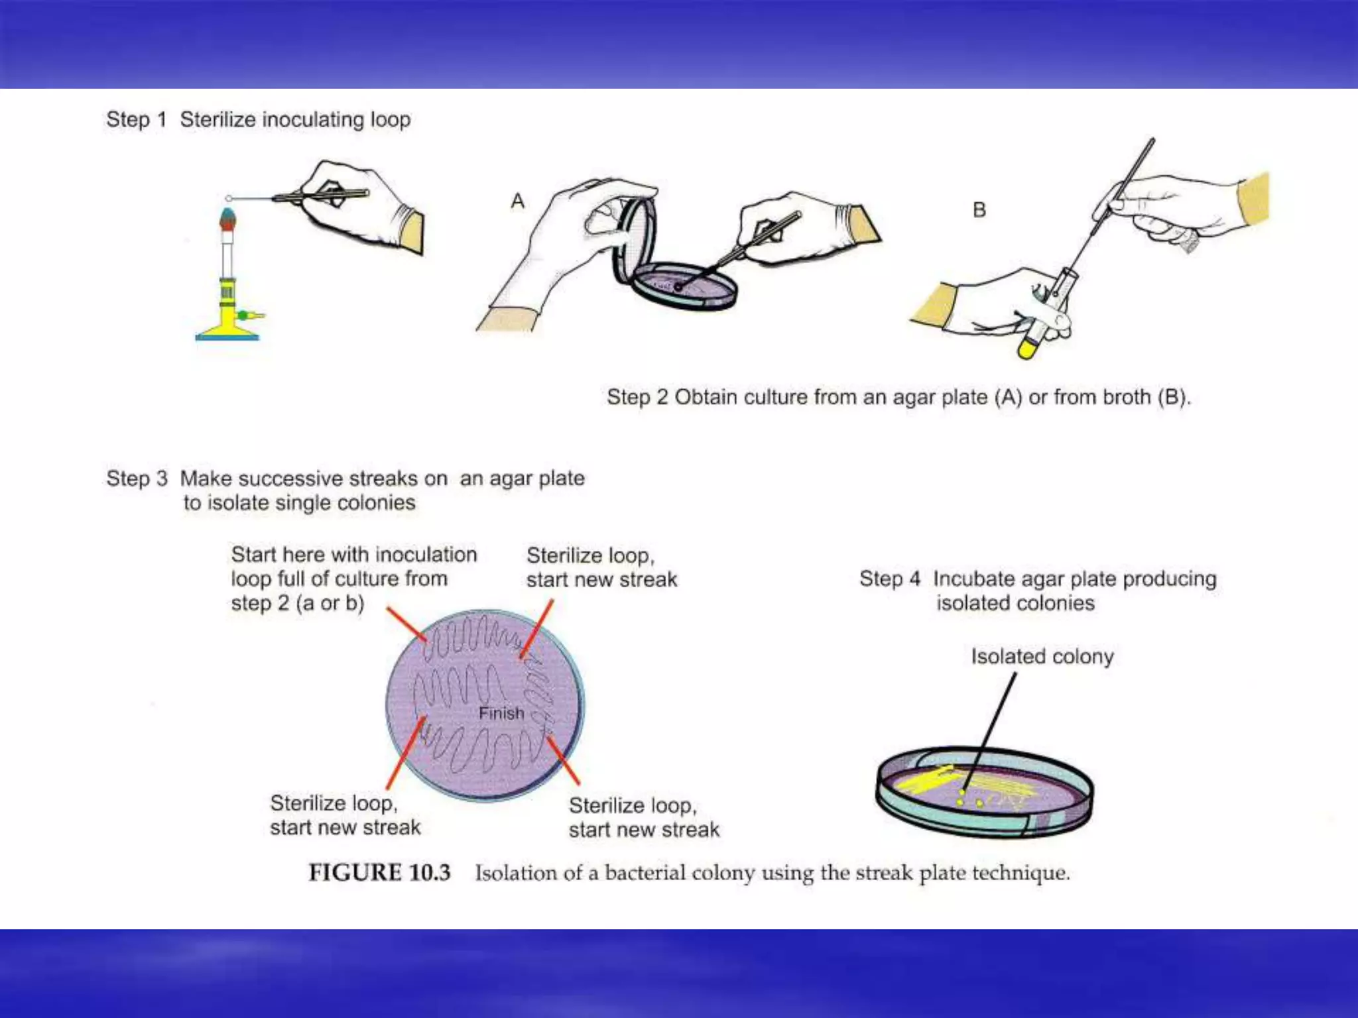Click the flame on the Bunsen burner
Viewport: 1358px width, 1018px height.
tap(227, 218)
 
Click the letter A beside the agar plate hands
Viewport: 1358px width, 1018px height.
tap(518, 201)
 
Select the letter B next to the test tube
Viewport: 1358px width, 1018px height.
tap(979, 210)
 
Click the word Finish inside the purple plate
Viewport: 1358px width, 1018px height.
tap(501, 713)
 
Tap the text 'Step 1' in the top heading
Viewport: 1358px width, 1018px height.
tap(136, 120)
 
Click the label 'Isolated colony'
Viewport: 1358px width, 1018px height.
tap(1042, 657)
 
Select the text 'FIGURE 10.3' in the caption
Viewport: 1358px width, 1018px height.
tap(379, 872)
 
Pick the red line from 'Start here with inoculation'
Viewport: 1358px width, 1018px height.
tap(406, 624)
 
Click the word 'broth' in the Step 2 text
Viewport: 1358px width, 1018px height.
tap(1125, 397)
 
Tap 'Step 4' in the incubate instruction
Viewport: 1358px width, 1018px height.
tap(889, 579)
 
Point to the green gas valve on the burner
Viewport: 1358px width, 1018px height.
tap(243, 315)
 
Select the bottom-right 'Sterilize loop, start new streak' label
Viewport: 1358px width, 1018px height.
tap(643, 817)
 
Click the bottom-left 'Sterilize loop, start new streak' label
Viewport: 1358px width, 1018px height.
tap(345, 815)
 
